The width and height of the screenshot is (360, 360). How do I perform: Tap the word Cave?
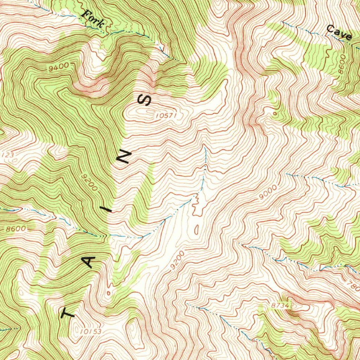click(x=339, y=32)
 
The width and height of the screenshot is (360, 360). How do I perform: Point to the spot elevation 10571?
click(x=165, y=115)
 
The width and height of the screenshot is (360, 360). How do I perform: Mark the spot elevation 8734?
click(x=280, y=306)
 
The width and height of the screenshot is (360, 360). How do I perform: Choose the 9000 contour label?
click(x=268, y=191)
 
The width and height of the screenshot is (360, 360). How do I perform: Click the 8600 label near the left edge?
click(x=16, y=229)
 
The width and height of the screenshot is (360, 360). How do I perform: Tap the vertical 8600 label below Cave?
click(x=341, y=65)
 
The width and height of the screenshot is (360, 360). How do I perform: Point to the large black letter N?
click(x=124, y=157)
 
